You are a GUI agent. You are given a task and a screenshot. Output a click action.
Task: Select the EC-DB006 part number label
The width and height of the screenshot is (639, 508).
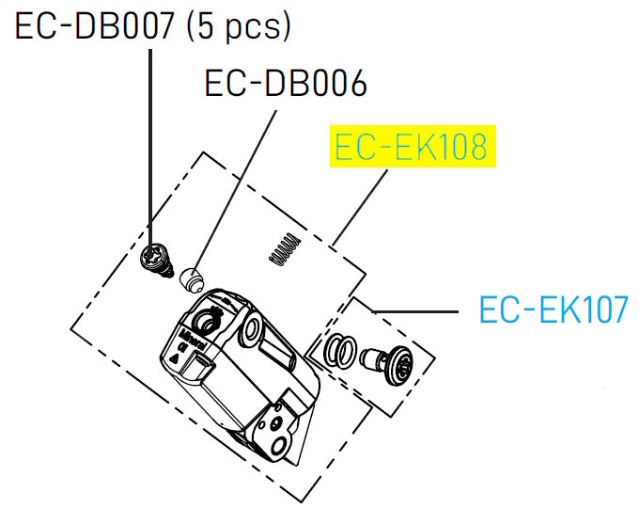coord(286,85)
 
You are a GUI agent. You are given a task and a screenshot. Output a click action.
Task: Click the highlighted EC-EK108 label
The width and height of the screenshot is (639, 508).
coord(412,149)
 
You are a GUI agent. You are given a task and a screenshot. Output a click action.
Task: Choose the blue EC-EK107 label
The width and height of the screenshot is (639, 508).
coord(553,309)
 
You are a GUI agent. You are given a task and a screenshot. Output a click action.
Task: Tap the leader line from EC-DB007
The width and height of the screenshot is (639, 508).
coord(152,141)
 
